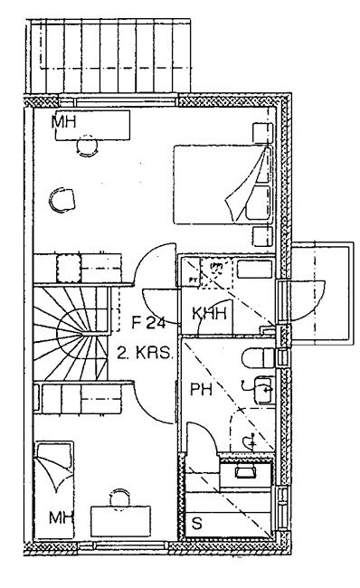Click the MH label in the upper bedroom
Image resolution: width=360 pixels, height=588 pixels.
coord(63,122)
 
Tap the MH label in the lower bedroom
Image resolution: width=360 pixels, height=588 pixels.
coord(62,517)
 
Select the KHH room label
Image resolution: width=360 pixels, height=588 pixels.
coord(210,314)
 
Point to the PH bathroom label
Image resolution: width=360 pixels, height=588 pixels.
coord(202,390)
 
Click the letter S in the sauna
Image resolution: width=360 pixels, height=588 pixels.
coord(197,524)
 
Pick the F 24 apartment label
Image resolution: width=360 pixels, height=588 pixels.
coord(149,323)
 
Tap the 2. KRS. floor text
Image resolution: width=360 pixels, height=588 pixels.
coord(145,353)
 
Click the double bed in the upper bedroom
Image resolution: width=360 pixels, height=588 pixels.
coord(223,185)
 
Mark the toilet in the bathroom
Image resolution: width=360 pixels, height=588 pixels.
coord(259,358)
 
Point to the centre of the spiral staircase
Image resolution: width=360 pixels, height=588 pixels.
coord(82,333)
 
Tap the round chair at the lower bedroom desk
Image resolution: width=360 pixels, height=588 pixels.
coord(120,498)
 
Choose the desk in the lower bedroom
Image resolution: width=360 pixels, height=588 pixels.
coord(120,521)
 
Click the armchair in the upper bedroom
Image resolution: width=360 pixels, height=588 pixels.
coord(62,200)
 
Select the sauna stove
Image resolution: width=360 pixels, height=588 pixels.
coord(245,475)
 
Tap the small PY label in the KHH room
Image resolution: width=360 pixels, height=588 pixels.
coord(193,280)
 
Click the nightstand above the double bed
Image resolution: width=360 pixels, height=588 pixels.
coord(262,132)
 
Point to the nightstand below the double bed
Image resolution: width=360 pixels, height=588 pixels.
coord(262,236)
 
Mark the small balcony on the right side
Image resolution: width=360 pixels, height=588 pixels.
coord(323,293)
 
